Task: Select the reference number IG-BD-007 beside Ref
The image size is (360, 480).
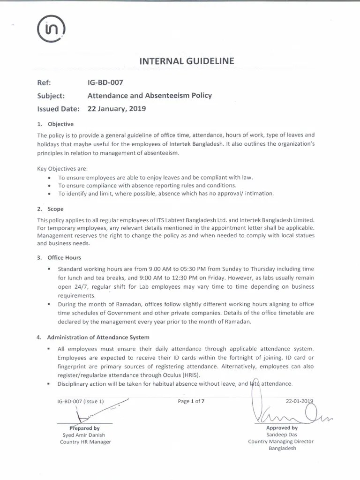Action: point(105,82)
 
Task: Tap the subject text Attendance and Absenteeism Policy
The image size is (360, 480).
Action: point(150,96)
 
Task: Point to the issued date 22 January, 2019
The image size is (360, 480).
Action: point(117,109)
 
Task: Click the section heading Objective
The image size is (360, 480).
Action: point(60,124)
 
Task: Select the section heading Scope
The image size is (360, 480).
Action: point(55,209)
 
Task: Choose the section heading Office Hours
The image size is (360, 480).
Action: point(64,257)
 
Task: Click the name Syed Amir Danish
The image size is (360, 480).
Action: point(85,435)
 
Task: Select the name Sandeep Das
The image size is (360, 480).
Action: point(282,435)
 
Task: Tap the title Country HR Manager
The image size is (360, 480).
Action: point(85,442)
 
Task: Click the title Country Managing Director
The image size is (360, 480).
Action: point(281,441)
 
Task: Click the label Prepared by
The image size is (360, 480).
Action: point(85,428)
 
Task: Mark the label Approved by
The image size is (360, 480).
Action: point(282,427)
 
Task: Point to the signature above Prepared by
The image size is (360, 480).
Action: point(89,412)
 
